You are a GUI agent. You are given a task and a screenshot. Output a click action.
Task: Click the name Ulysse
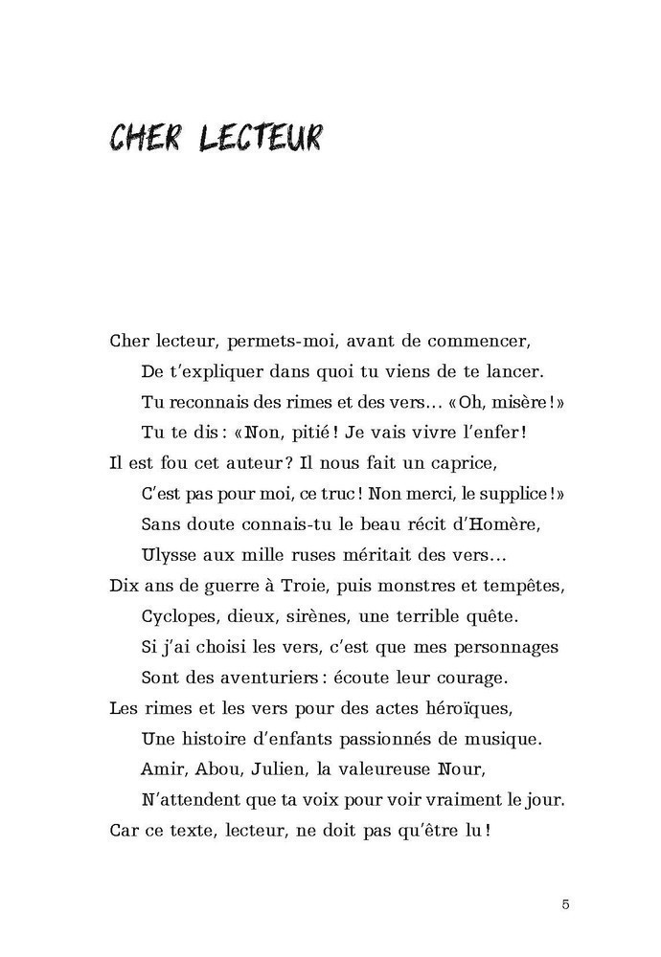tap(169, 555)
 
